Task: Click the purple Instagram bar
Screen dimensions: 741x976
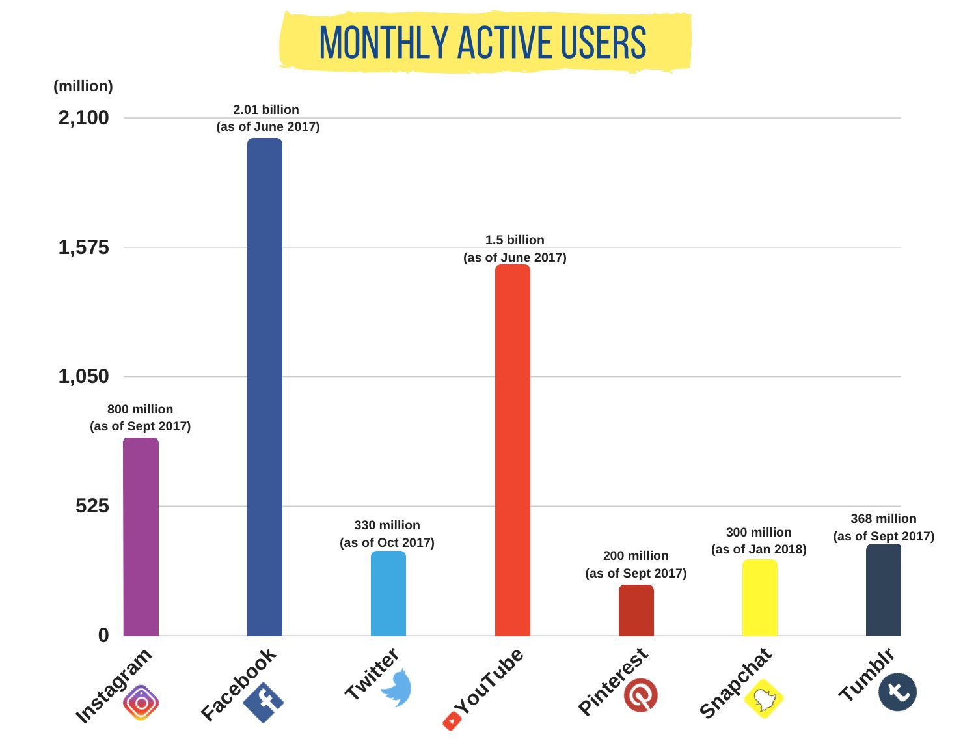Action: coord(141,537)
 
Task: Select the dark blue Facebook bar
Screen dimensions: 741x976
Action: coord(265,387)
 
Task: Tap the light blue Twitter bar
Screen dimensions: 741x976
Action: coord(388,593)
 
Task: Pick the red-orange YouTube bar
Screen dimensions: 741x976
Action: coord(513,450)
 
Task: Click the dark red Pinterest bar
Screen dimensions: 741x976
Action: coord(636,610)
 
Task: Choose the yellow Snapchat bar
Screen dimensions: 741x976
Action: coord(760,598)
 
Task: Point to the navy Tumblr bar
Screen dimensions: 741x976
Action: coord(884,590)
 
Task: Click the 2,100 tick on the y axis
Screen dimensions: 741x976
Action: coord(84,118)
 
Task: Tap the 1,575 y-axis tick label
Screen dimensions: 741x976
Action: coord(84,247)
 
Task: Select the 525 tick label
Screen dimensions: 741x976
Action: coord(92,506)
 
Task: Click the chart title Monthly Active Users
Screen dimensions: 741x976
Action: coord(483,43)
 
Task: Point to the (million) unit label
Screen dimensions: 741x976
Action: coord(83,86)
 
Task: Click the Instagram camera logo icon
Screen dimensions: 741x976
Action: coord(141,703)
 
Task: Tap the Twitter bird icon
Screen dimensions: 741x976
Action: coord(396,688)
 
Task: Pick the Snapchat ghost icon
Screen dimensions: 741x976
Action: coord(765,699)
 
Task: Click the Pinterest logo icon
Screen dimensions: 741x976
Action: coord(641,695)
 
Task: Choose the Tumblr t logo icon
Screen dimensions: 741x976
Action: coord(897,691)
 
